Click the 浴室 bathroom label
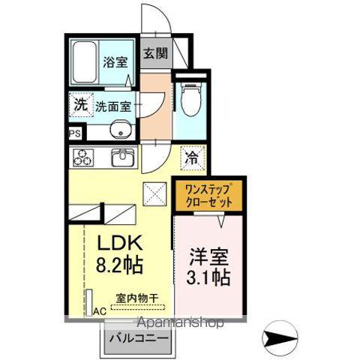coord(115,62)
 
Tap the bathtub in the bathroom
coord(85,61)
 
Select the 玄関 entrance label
coord(155,53)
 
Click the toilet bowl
coord(191,99)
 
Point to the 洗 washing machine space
coord(81,105)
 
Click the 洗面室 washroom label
coord(113,106)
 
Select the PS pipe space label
coord(75,133)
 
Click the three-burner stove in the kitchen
coord(83,157)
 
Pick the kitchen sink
coord(122,157)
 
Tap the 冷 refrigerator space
coord(193,158)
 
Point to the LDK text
coord(120,242)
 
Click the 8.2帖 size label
coord(120,265)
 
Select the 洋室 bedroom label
coord(208,256)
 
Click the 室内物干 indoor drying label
coord(137,298)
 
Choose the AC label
coord(100,311)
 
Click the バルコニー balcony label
coord(139,338)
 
